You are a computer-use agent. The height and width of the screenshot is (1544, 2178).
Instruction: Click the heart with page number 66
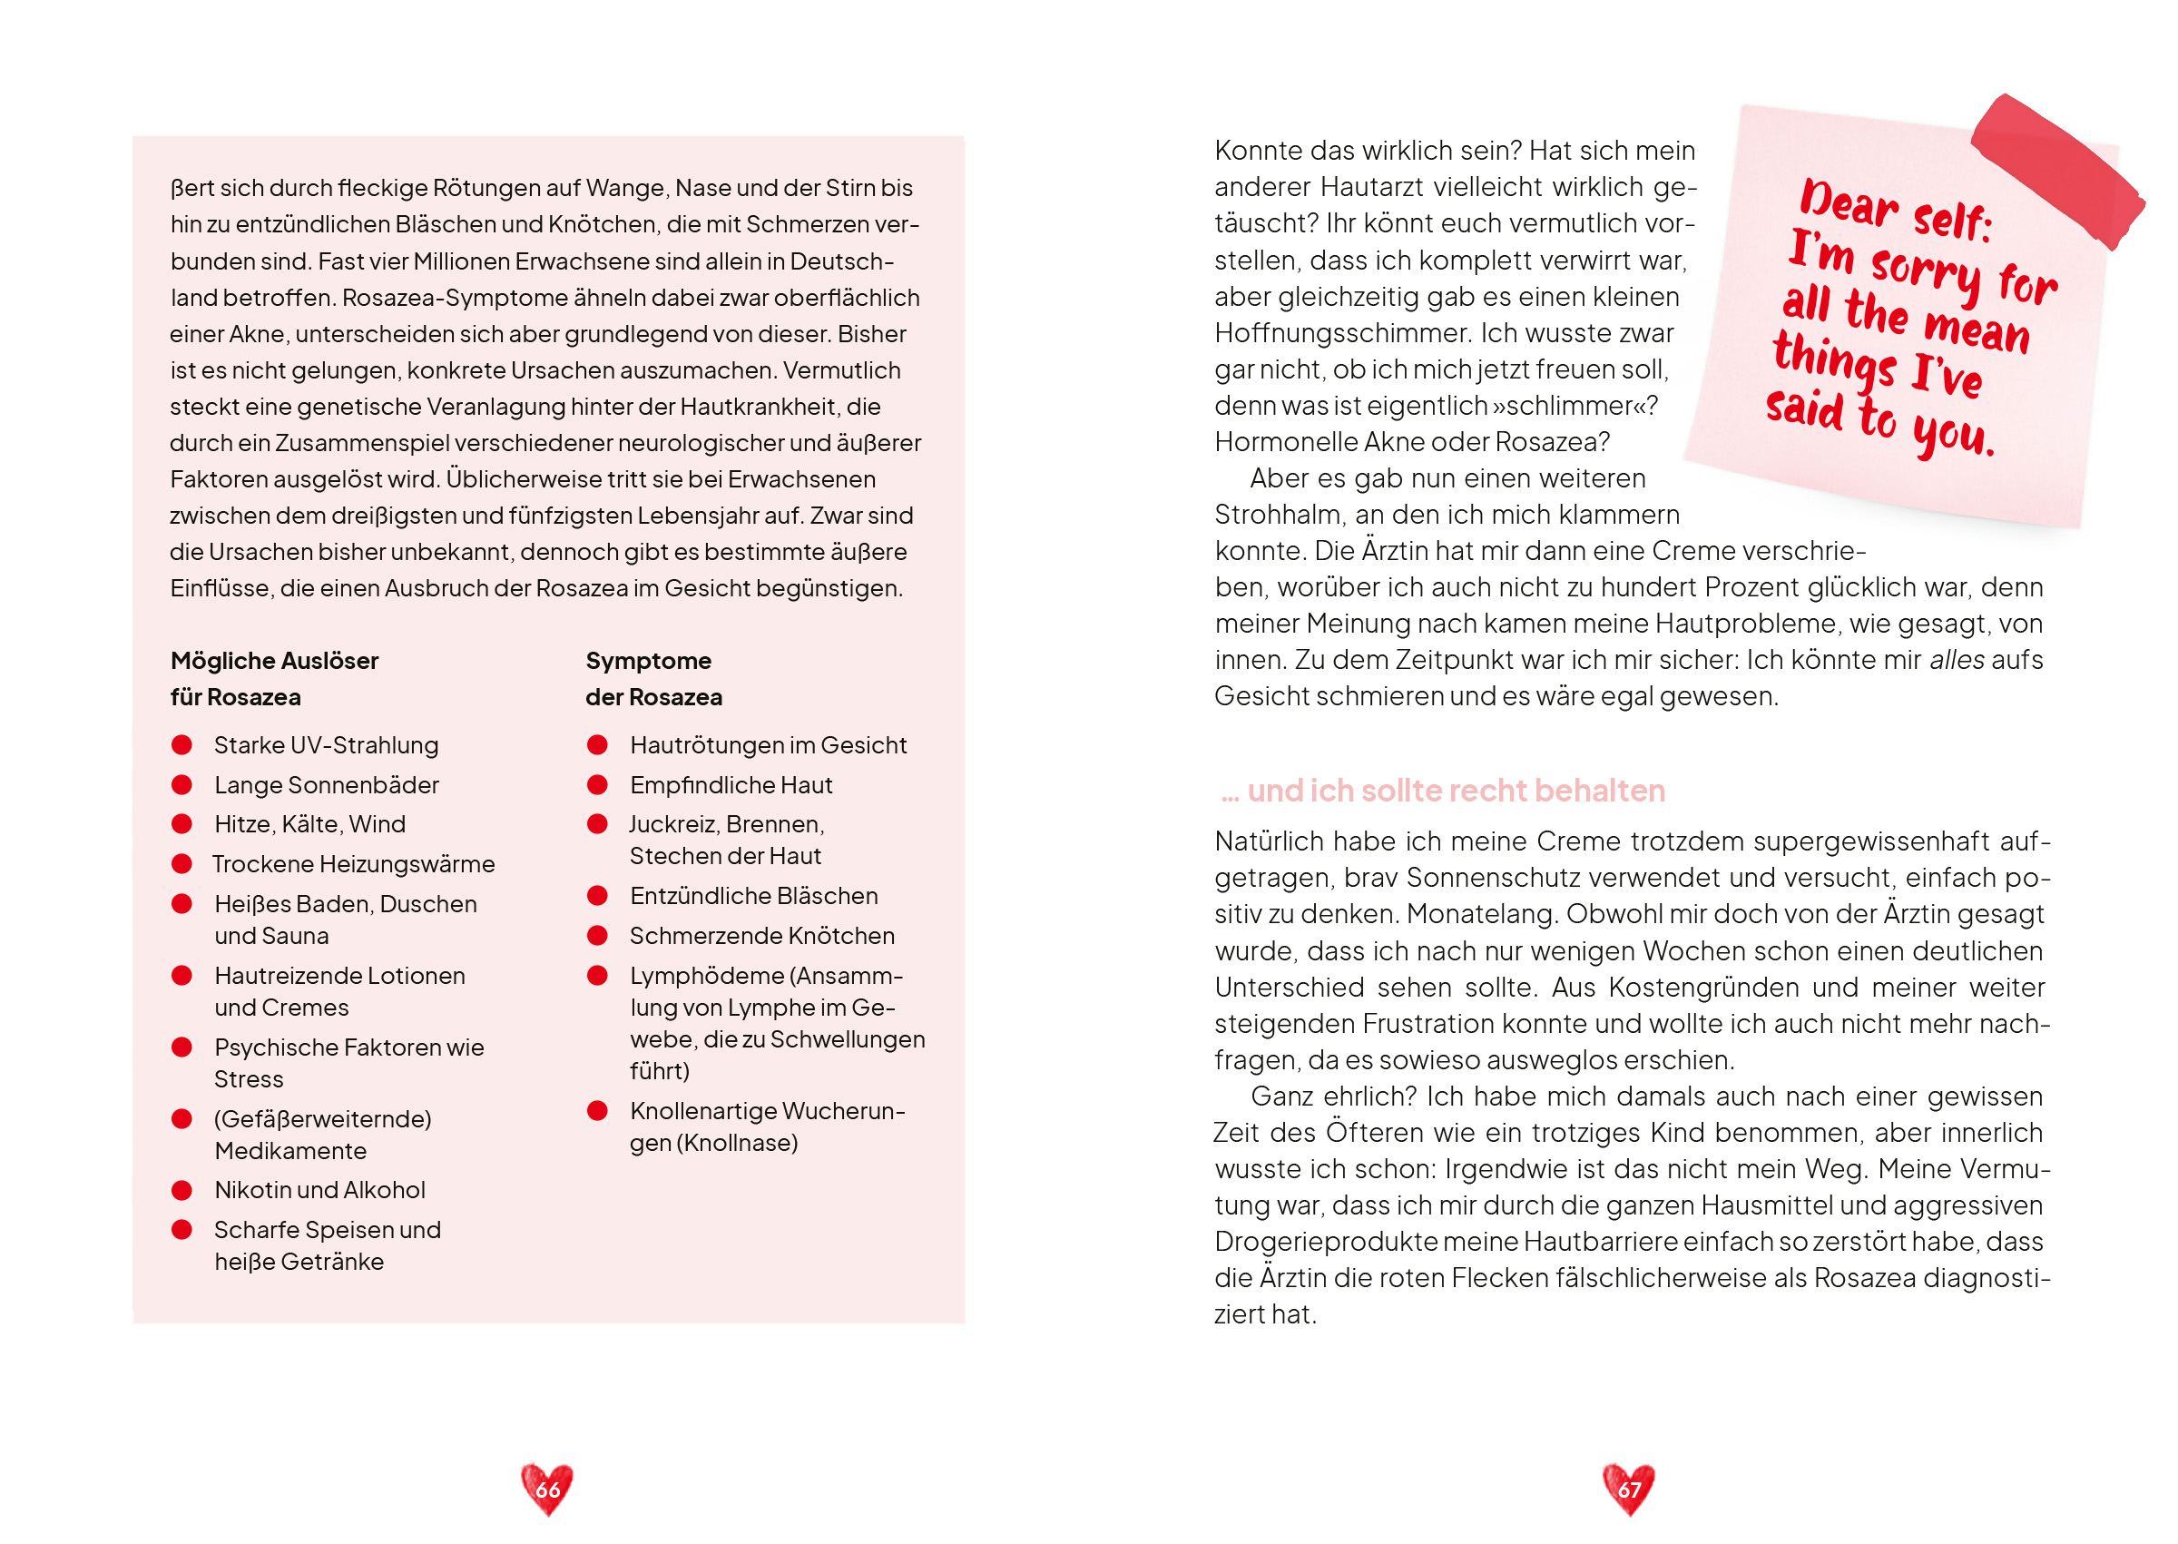(x=547, y=1488)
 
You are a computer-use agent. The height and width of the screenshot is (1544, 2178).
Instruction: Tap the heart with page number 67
(x=1628, y=1488)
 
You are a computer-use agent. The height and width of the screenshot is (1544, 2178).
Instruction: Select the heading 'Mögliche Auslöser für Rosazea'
(x=275, y=679)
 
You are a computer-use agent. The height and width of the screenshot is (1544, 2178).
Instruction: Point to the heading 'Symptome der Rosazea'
(x=652, y=679)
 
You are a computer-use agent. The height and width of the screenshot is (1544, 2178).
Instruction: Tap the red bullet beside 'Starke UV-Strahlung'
(x=181, y=745)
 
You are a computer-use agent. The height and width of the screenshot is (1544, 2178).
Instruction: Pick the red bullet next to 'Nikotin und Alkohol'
(x=181, y=1190)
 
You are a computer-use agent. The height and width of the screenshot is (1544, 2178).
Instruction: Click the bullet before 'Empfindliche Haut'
(x=598, y=785)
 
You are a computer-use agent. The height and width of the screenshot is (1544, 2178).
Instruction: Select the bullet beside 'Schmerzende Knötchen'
(x=598, y=937)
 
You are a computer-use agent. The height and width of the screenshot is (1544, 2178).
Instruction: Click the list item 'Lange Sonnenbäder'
(x=326, y=785)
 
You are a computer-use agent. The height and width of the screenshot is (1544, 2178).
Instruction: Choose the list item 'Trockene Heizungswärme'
(x=354, y=864)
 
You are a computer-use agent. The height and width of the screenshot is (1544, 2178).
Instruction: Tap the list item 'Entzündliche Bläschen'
(x=753, y=897)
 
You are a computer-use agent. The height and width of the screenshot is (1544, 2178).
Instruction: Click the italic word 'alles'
(x=1957, y=660)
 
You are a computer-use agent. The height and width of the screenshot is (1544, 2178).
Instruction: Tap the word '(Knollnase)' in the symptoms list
(x=737, y=1143)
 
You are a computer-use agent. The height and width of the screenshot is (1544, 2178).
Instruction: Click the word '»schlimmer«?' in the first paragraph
(x=1574, y=406)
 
